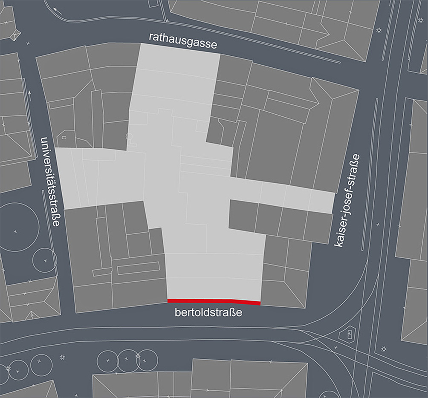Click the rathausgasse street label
coord(183,43)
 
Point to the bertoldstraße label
coord(208,313)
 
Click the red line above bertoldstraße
coord(214,301)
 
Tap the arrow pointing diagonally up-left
coord(58,10)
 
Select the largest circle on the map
coord(15,231)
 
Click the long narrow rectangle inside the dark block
coord(138,268)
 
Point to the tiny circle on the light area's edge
coord(129,136)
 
